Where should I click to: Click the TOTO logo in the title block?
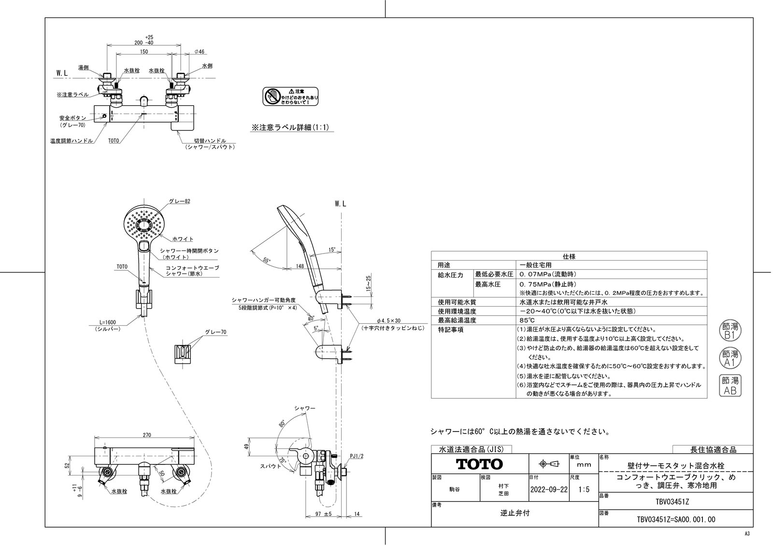[x=480, y=464]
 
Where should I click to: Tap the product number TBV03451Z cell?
[x=675, y=501]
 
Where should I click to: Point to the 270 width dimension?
[x=147, y=435]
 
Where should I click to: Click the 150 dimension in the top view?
[x=144, y=52]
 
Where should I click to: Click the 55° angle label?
[x=267, y=260]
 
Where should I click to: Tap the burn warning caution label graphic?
[x=290, y=97]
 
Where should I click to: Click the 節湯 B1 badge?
[x=730, y=330]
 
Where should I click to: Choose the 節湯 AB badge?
[x=730, y=386]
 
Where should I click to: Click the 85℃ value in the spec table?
[x=527, y=320]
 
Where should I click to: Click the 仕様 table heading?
[x=569, y=256]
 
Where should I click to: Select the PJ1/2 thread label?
[x=357, y=455]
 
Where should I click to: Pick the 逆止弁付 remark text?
[x=515, y=513]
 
